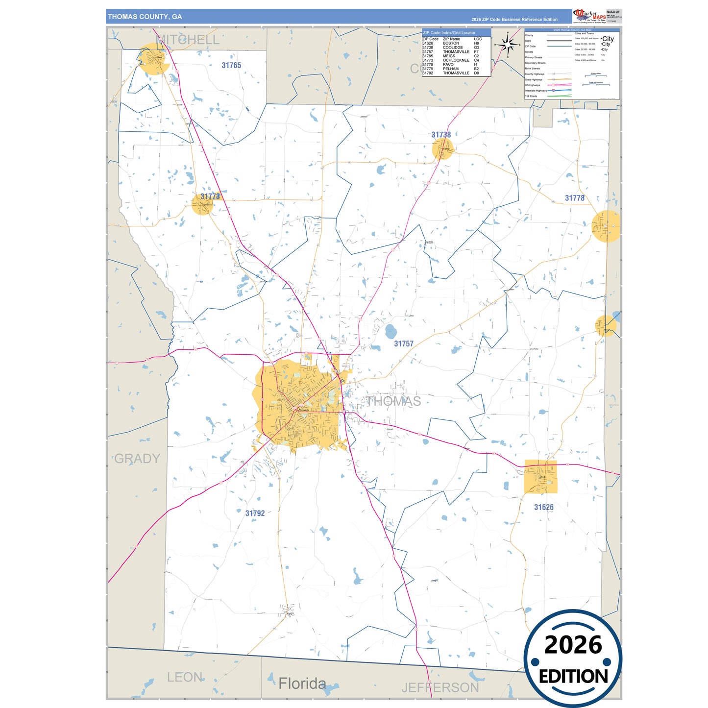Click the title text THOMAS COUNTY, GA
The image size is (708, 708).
[145, 17]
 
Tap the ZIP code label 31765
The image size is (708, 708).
[231, 65]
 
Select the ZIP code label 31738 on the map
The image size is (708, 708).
[441, 135]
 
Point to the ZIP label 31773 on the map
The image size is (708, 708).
[210, 196]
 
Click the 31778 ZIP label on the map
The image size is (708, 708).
[575, 198]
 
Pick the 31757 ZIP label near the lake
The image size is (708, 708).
[404, 344]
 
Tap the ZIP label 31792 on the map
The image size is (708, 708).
[255, 513]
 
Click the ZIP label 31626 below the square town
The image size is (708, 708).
[544, 508]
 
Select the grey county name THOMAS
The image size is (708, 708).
[393, 402]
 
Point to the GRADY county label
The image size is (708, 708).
[137, 459]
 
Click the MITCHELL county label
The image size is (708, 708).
[188, 40]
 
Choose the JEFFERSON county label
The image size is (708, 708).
[440, 688]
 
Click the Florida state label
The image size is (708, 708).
[302, 684]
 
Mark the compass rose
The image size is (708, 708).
[508, 45]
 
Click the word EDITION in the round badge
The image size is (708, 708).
[573, 677]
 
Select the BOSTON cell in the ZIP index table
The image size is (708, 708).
[451, 43]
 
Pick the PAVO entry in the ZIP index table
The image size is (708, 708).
[448, 65]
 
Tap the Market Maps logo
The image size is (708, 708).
[589, 16]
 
